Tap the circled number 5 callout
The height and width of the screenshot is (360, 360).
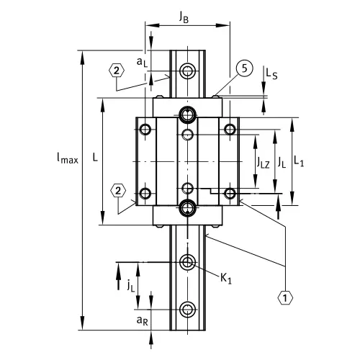click(243, 68)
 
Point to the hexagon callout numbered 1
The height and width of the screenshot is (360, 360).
click(286, 295)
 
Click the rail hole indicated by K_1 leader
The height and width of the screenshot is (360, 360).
click(188, 262)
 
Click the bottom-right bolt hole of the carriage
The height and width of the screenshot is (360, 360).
click(230, 193)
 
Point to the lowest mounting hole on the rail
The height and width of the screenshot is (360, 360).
click(188, 310)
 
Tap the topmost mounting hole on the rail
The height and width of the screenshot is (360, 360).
click(188, 71)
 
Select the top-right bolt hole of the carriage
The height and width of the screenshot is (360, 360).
click(230, 130)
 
